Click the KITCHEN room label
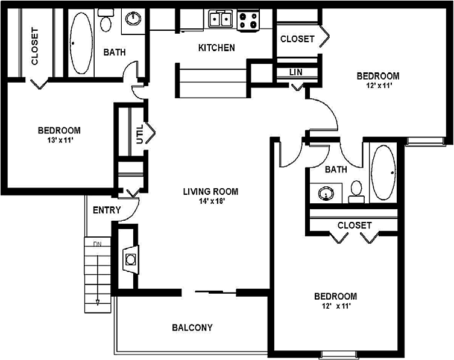click(x=216, y=48)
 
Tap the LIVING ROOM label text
click(x=210, y=192)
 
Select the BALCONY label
click(x=192, y=328)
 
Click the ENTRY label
click(x=107, y=210)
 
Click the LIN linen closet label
click(x=295, y=72)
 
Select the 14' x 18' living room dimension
click(x=210, y=202)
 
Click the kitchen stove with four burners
click(x=247, y=21)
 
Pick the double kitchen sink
click(x=221, y=19)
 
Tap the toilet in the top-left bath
click(x=107, y=23)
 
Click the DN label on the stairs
click(x=96, y=244)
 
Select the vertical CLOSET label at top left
click(x=34, y=47)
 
